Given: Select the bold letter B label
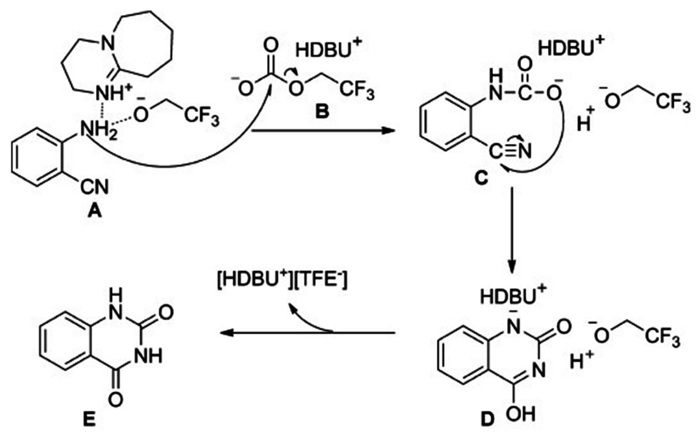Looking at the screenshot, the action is pos(322,111).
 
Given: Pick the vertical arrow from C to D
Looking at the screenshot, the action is pos(512,231).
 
